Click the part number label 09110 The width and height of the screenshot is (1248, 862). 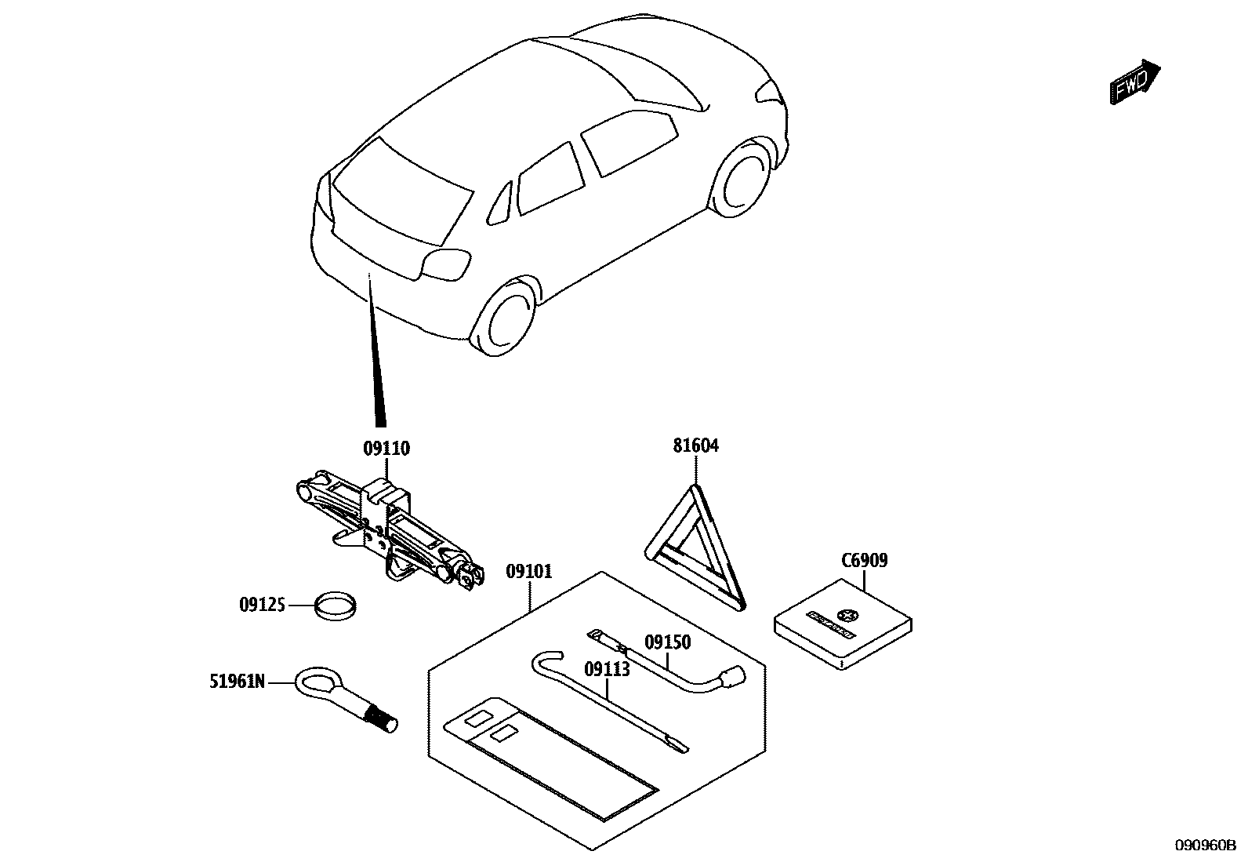386,449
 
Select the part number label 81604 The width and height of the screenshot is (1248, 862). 695,446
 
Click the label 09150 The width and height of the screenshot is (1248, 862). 667,642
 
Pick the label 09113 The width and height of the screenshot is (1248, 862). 607,669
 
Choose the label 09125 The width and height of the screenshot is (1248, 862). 262,605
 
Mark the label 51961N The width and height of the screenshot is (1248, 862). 237,682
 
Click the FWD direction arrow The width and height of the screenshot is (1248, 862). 1134,82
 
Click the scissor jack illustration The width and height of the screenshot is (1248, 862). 388,529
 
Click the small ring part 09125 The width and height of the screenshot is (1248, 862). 336,606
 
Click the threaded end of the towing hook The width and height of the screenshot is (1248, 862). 382,717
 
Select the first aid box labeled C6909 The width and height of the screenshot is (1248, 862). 843,624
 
